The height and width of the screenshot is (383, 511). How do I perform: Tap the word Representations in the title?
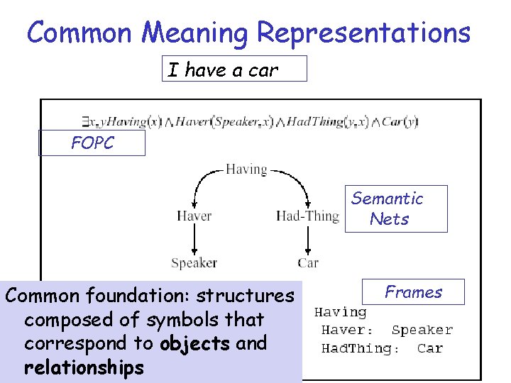tap(363, 33)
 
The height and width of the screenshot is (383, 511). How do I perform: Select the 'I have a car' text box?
tap(234, 70)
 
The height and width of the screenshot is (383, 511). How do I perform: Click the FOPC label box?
tap(92, 143)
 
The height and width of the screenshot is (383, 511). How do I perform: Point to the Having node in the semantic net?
tap(246, 170)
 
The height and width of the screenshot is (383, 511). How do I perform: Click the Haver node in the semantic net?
tap(194, 216)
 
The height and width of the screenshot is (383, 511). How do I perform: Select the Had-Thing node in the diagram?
tap(307, 216)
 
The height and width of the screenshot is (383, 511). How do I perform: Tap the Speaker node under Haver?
tap(194, 262)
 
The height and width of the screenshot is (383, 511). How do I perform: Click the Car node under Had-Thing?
tap(308, 262)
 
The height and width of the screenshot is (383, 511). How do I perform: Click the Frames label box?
tap(413, 292)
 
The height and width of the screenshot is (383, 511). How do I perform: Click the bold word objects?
tap(194, 343)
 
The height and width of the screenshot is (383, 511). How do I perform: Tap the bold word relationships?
tap(84, 367)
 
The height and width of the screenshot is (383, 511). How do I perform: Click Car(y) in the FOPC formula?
tap(400, 122)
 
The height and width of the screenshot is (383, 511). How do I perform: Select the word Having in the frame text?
tap(340, 312)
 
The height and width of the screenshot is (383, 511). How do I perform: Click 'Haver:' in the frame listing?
tap(347, 330)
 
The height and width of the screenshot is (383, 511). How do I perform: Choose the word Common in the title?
tap(75, 33)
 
